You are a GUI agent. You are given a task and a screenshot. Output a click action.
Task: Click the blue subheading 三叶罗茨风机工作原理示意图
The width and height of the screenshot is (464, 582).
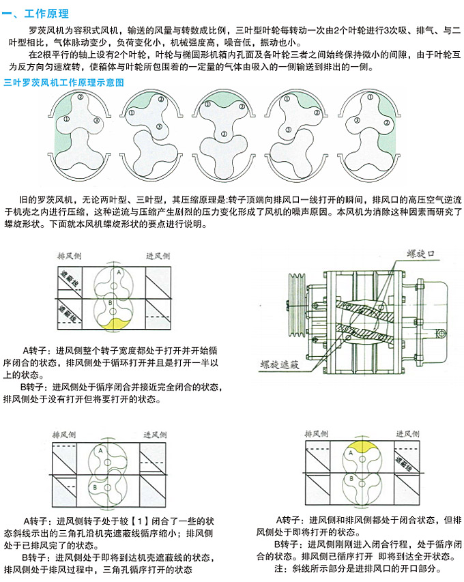tap(63, 83)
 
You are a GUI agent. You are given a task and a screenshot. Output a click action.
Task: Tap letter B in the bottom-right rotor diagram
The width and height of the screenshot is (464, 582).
tap(351, 479)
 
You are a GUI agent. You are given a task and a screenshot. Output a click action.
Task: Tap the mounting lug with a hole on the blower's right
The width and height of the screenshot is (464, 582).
tap(439, 332)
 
